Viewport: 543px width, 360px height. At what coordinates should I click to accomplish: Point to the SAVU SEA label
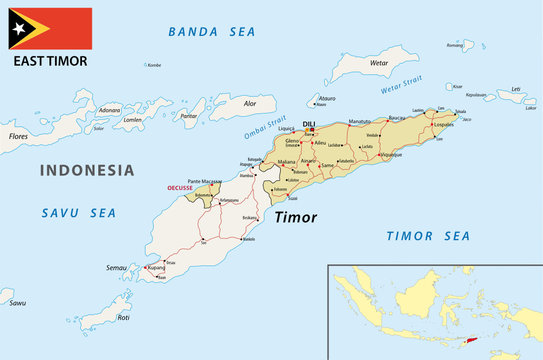(x=78, y=212)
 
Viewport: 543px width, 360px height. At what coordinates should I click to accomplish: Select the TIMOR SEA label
(x=428, y=236)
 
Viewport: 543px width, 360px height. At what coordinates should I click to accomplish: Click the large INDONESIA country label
(x=86, y=170)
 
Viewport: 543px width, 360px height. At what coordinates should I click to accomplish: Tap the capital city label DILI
(x=308, y=121)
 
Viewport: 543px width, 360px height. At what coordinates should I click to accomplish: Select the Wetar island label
(x=378, y=62)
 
